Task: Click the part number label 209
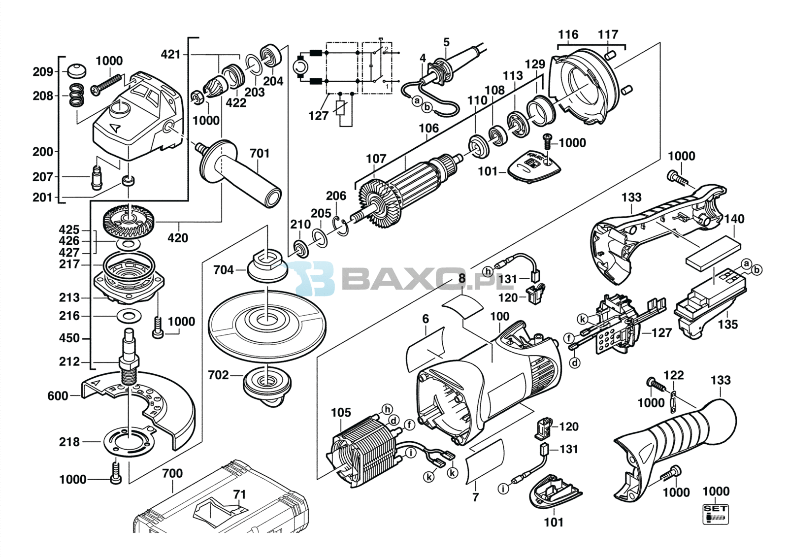(x=42, y=72)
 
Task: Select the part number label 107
(x=376, y=159)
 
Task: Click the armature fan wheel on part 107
(x=380, y=203)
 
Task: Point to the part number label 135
(x=727, y=324)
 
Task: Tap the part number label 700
(x=172, y=473)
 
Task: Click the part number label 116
(x=568, y=34)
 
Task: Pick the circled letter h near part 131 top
(x=488, y=271)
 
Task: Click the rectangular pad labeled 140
(x=714, y=253)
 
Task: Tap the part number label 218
(x=69, y=442)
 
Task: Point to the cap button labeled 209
(x=76, y=70)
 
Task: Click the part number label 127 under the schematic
(x=318, y=116)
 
